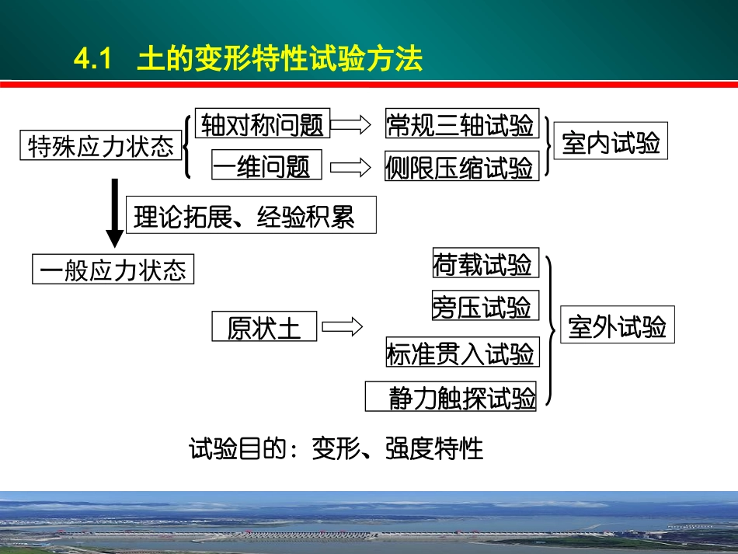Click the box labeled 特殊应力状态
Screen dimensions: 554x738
pos(101,146)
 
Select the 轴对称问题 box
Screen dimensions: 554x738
pos(262,124)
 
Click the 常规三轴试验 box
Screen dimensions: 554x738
pos(461,124)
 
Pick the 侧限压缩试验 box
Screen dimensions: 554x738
pos(461,166)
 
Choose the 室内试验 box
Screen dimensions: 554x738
pos(611,143)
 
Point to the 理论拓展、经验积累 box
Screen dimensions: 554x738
pos(250,215)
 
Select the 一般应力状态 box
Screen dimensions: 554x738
pos(113,270)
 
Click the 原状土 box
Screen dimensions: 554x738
pos(264,327)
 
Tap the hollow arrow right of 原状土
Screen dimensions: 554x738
pos(342,327)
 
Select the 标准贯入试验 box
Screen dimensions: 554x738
pos(461,354)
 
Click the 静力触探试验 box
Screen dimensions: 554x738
pos(451,398)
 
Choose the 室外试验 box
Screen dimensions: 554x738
pos(618,326)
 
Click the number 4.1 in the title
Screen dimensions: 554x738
pos(93,60)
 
